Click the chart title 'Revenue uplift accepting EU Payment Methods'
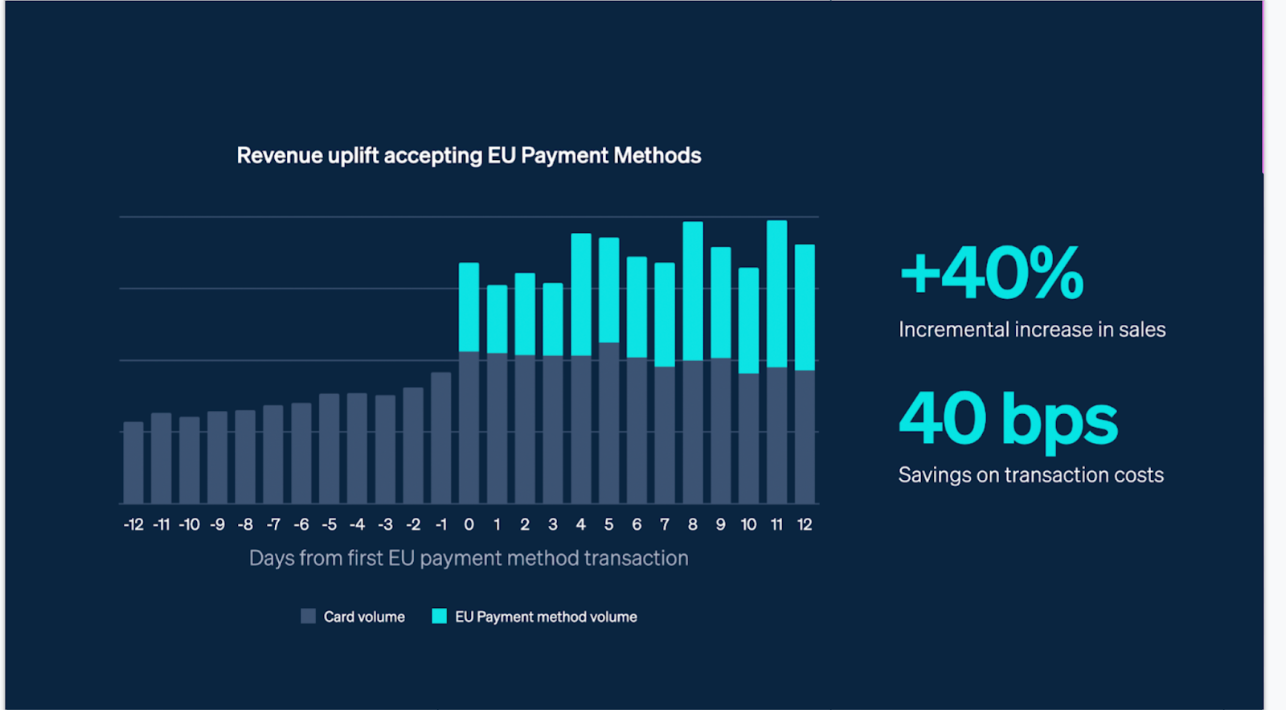click(x=469, y=155)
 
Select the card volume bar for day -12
click(x=133, y=462)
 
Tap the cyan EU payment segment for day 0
click(x=469, y=307)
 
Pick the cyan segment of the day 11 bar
click(x=776, y=293)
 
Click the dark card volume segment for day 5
click(x=608, y=423)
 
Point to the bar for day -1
click(x=440, y=437)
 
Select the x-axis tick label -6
click(x=301, y=525)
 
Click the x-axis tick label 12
click(x=805, y=525)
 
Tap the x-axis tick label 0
click(x=469, y=525)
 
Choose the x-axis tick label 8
click(x=693, y=525)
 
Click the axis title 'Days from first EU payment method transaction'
click(x=469, y=558)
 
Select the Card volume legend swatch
click(x=308, y=616)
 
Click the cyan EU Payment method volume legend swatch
click(x=439, y=616)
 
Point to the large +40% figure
click(x=992, y=273)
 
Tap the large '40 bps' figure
click(x=1008, y=419)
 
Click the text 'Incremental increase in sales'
click(x=1032, y=330)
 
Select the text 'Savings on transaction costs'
click(x=1030, y=475)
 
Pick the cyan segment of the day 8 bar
click(x=693, y=291)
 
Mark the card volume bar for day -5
click(x=329, y=448)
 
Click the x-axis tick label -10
click(x=189, y=525)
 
